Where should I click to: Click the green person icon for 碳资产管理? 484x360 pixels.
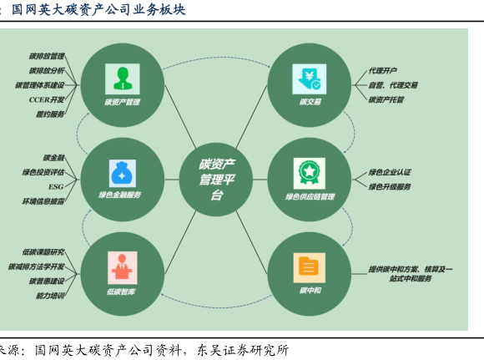pos(123,79)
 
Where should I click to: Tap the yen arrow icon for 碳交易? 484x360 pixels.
pos(310,79)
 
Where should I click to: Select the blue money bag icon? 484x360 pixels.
pos(123,173)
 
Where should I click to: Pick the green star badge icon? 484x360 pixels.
pos(310,174)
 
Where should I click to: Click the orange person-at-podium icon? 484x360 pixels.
pos(122,267)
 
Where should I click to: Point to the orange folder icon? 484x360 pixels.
pos(310,267)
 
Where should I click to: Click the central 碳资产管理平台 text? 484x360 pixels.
pos(217,180)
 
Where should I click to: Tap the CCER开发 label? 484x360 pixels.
pos(47,99)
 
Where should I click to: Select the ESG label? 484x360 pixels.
pos(56,186)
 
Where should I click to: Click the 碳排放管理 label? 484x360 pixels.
pos(47,56)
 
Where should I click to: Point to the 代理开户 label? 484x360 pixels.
pos(383,71)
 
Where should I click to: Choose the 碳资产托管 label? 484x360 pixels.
pos(386,99)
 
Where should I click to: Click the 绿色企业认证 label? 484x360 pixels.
pos(390,172)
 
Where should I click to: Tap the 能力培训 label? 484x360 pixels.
pos(50,296)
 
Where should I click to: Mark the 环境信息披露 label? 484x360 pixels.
pos(43,201)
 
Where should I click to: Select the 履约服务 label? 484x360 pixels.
pos(50,114)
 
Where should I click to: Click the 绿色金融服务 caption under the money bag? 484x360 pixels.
pos(120,195)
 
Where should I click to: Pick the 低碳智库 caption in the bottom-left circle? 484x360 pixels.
pos(121,292)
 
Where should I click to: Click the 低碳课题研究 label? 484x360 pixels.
pos(43,252)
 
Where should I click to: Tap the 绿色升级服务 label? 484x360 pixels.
pos(390,186)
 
